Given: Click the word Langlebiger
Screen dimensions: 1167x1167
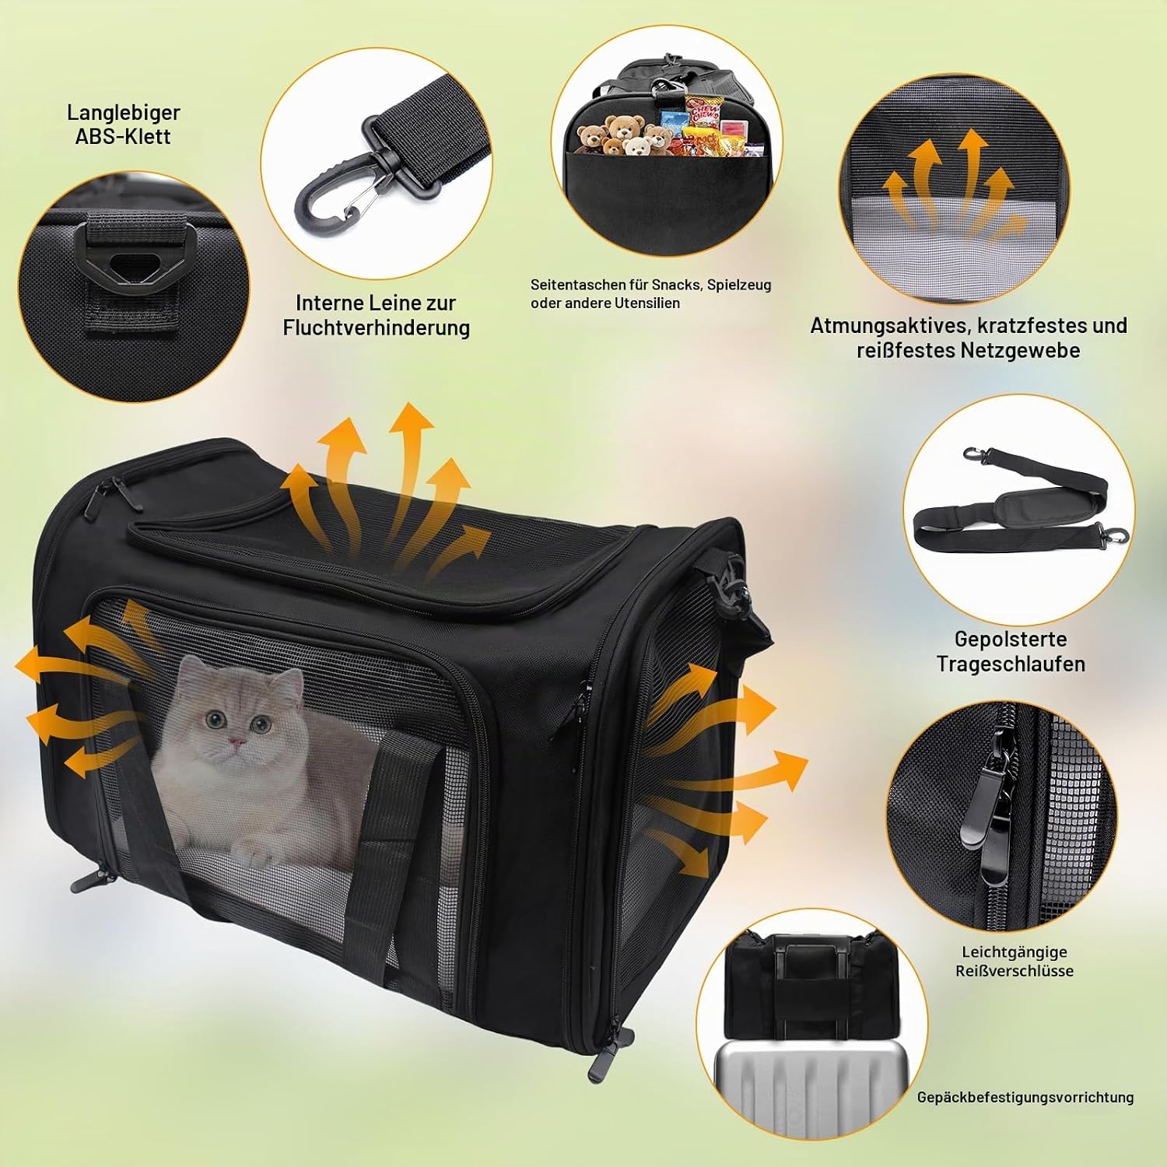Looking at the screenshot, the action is point(124,112).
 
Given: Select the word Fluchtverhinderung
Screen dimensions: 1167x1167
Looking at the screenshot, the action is point(377,328).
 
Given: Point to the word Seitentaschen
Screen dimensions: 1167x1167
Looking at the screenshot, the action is point(577,285).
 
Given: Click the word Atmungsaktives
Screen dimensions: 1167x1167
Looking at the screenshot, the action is point(888,325).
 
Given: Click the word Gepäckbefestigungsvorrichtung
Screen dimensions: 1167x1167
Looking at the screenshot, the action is point(1025,1097).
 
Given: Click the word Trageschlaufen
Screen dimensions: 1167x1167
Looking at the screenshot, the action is point(1011,664).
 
